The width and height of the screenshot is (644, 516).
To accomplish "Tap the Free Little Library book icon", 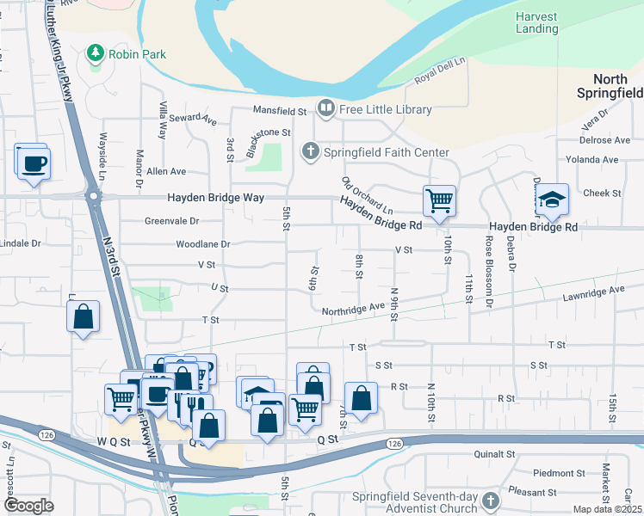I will [x=326, y=108].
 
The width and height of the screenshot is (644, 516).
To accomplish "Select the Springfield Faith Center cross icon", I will [x=310, y=152].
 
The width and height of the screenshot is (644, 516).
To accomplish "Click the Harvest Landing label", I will [x=536, y=22].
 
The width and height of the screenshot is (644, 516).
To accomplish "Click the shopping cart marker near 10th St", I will [x=439, y=201].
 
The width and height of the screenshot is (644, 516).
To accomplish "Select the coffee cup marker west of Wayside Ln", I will [x=34, y=163].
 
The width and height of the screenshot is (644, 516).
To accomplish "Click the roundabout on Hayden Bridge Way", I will [x=92, y=197].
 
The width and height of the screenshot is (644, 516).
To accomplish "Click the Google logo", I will [x=29, y=506].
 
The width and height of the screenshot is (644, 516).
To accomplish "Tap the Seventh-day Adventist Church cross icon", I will [x=491, y=500].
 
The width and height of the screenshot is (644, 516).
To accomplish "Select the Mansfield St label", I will [x=279, y=111].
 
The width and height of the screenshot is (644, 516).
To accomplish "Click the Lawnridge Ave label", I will [x=593, y=291].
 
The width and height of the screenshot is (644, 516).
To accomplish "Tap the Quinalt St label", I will [x=494, y=453].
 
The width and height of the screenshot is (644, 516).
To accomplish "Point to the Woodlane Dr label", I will [x=203, y=244].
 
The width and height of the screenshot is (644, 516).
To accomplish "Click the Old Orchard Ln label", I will [x=367, y=197].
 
